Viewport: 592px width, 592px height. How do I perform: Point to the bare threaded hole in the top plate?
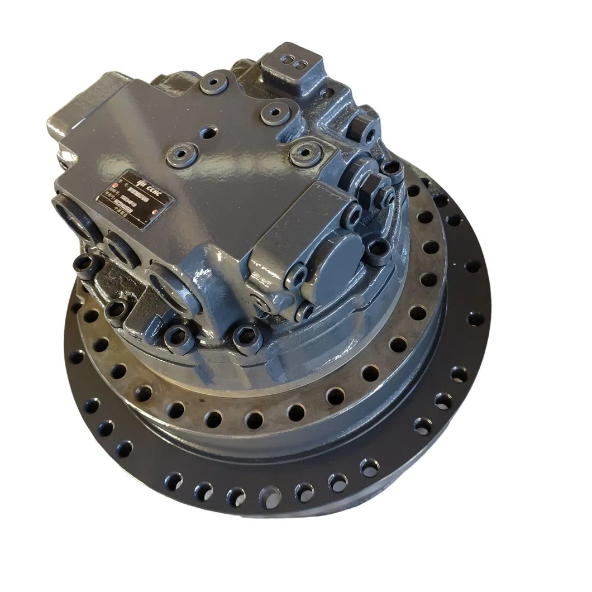point(209,133)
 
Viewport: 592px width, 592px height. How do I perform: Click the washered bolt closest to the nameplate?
point(182,153)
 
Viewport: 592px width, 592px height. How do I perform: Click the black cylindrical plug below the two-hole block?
point(365,129)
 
